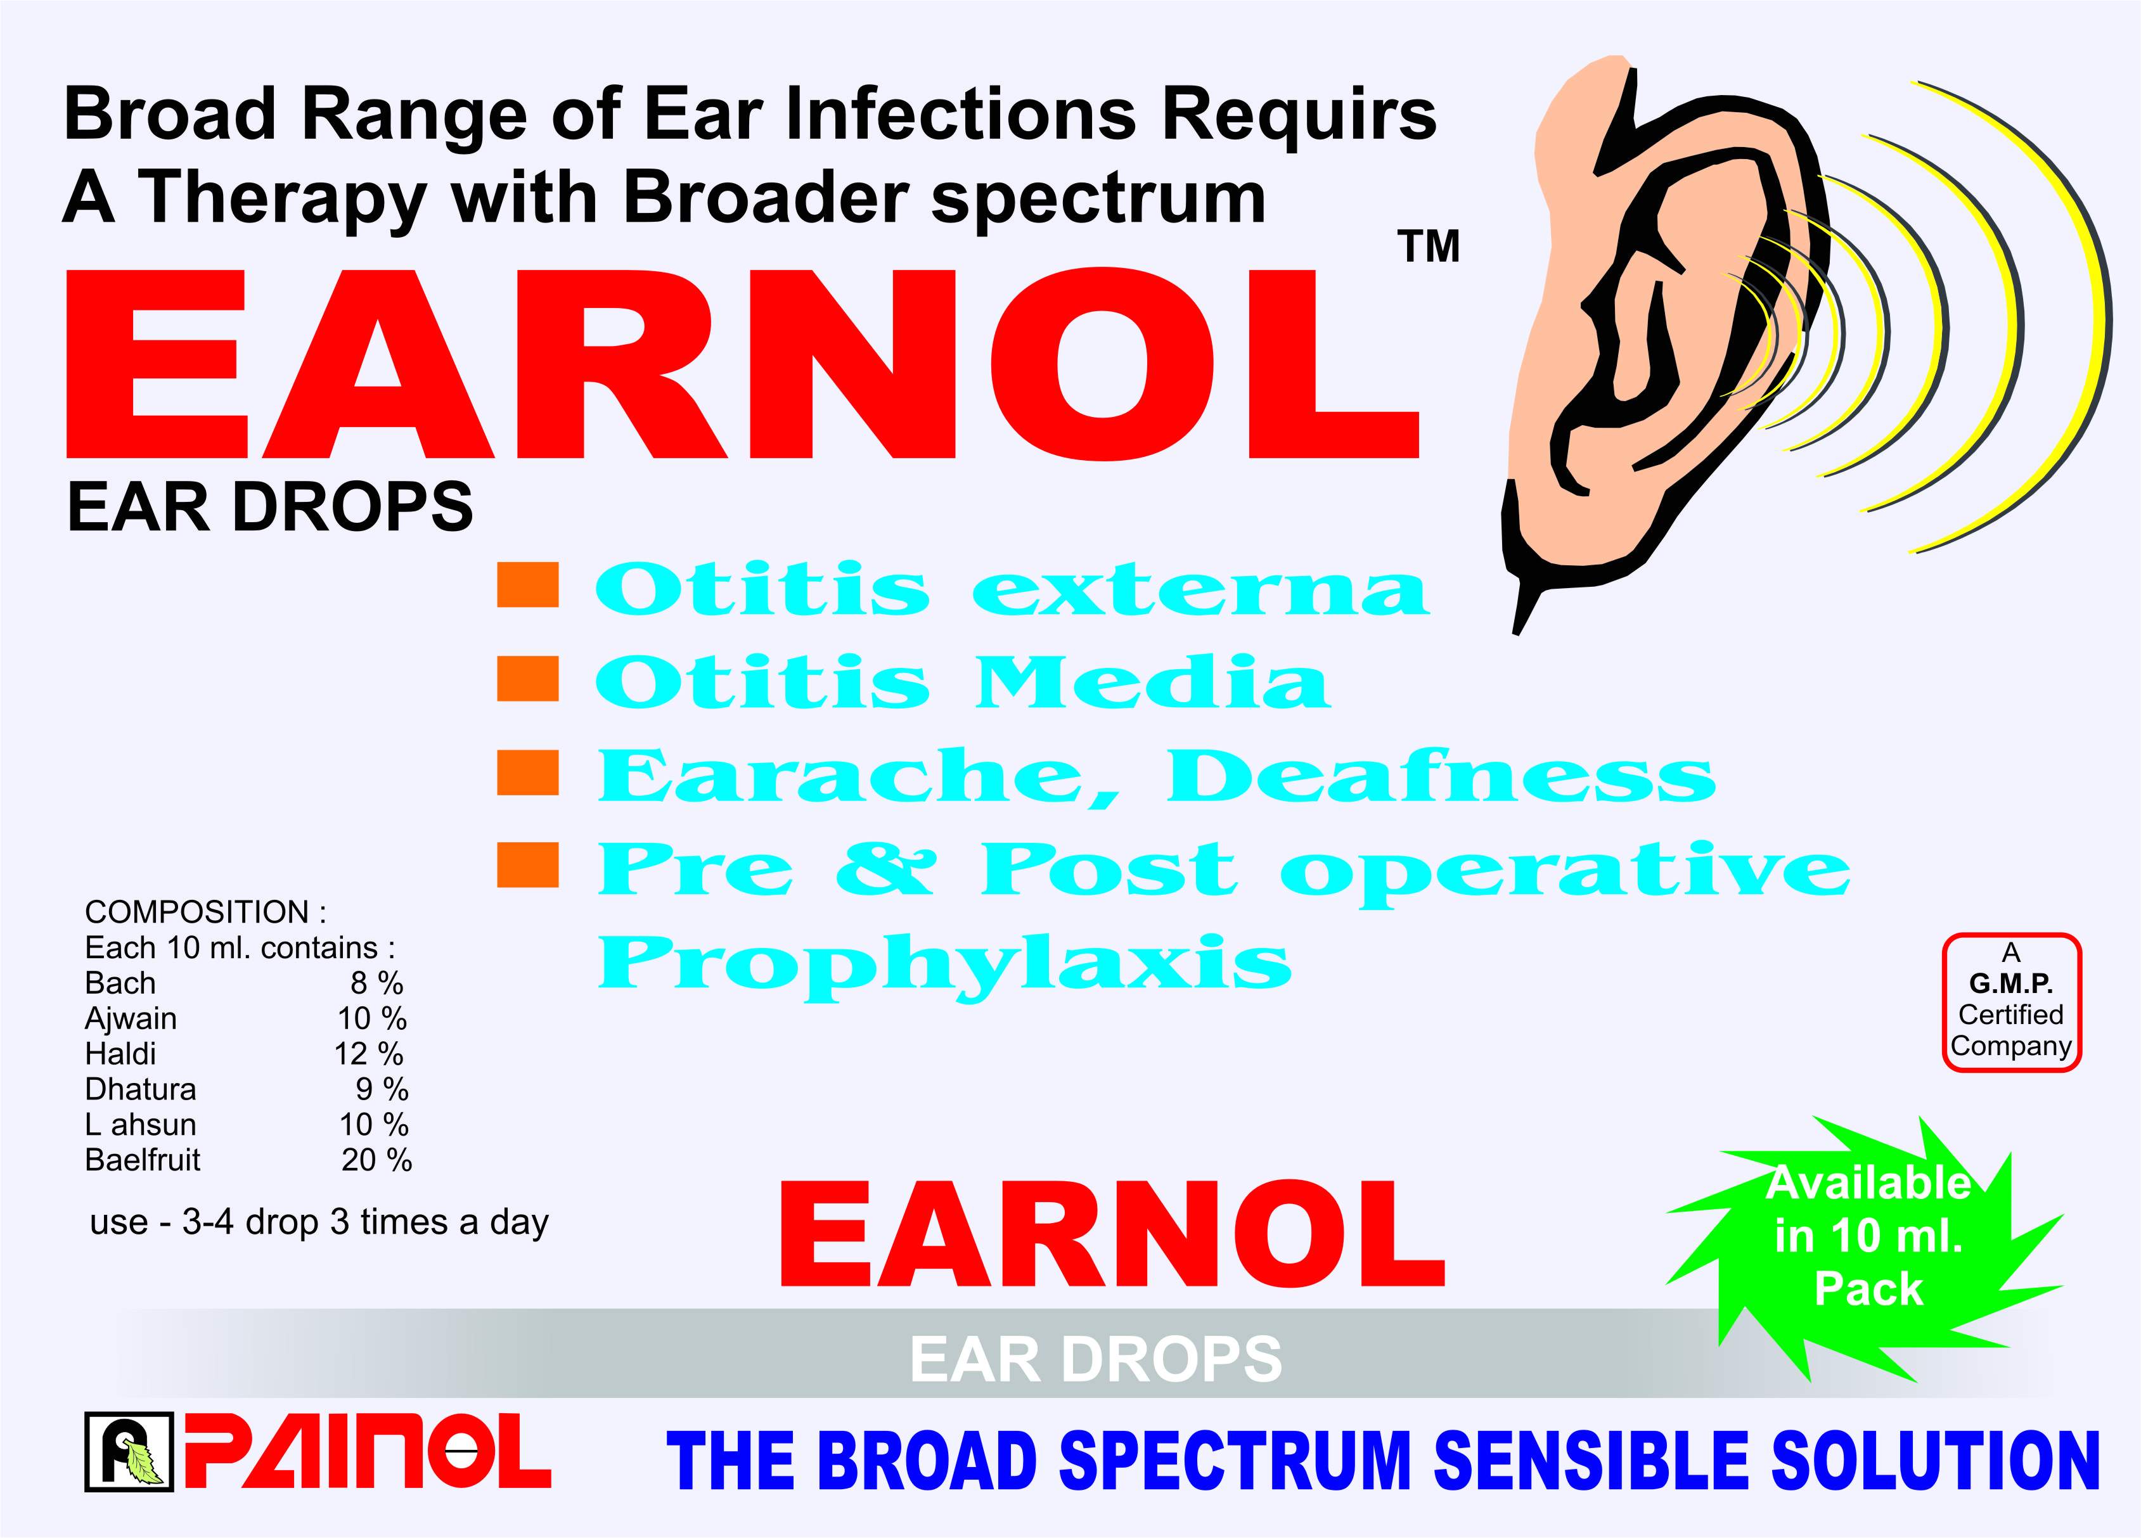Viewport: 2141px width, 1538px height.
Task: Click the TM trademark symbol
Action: pyautogui.click(x=1429, y=247)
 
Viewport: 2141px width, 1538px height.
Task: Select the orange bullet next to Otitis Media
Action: pyautogui.click(x=528, y=679)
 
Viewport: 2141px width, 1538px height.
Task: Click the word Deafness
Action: pyautogui.click(x=1441, y=776)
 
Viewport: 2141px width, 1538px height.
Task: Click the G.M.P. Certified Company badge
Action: pyautogui.click(x=2010, y=1002)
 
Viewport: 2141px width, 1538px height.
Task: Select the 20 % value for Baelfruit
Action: pyautogui.click(x=376, y=1160)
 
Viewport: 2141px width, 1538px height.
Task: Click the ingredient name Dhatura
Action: pyautogui.click(x=141, y=1089)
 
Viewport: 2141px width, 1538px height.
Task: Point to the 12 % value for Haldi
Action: pyautogui.click(x=369, y=1054)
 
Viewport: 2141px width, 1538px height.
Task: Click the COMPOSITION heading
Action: pyautogui.click(x=205, y=912)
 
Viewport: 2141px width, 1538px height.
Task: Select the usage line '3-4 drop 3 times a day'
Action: pyautogui.click(x=365, y=1222)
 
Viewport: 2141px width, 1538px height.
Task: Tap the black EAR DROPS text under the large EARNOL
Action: pyautogui.click(x=270, y=507)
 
